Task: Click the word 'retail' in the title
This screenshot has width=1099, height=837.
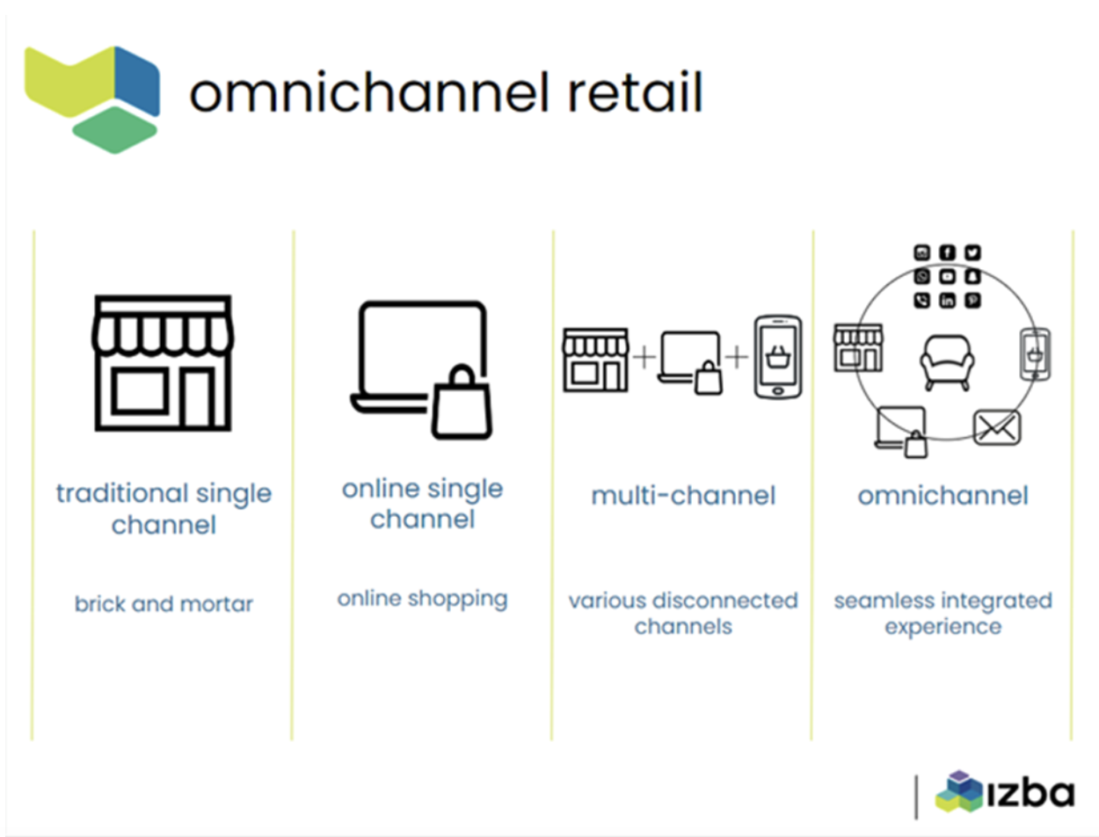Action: pyautogui.click(x=636, y=92)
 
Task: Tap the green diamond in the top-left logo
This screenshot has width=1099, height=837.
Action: pyautogui.click(x=114, y=130)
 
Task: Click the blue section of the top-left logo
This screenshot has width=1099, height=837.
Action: pyautogui.click(x=137, y=80)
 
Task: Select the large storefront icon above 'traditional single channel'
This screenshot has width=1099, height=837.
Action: pyautogui.click(x=163, y=363)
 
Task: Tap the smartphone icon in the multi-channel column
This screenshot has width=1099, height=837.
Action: pyautogui.click(x=778, y=357)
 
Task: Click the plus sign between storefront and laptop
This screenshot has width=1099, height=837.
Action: pyautogui.click(x=644, y=357)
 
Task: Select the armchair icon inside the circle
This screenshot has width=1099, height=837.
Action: pyautogui.click(x=947, y=362)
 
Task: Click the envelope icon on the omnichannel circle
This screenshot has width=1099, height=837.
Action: pyautogui.click(x=997, y=428)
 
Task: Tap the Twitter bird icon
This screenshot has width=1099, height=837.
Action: pyautogui.click(x=972, y=253)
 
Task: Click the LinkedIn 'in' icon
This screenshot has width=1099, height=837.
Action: pyautogui.click(x=947, y=301)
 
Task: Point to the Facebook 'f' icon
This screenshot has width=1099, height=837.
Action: pyautogui.click(x=947, y=253)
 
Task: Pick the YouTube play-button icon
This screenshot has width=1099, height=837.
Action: pyautogui.click(x=947, y=276)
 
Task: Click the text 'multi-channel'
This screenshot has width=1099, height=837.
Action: pyautogui.click(x=683, y=496)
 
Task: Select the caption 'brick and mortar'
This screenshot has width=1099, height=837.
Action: pyautogui.click(x=164, y=604)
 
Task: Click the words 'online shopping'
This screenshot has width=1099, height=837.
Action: pyautogui.click(x=423, y=600)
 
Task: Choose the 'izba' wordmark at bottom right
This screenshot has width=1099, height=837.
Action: pyautogui.click(x=1030, y=793)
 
